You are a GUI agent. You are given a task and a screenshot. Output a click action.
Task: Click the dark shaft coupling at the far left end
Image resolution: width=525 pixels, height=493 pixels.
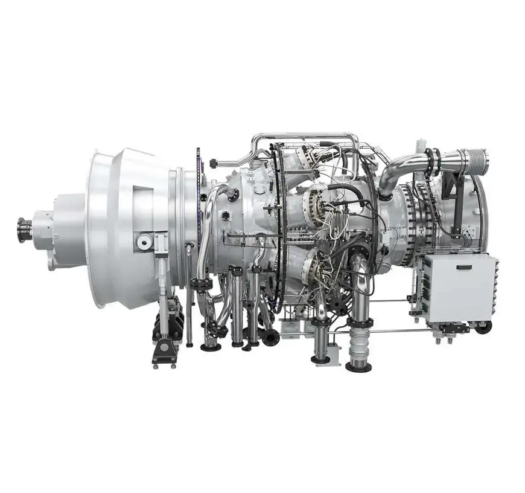[25, 230]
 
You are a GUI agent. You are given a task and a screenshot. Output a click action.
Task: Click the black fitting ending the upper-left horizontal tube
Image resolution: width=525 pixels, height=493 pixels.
[213, 162]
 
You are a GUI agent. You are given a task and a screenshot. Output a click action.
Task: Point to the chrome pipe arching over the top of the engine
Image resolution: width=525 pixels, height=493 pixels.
[302, 136]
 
